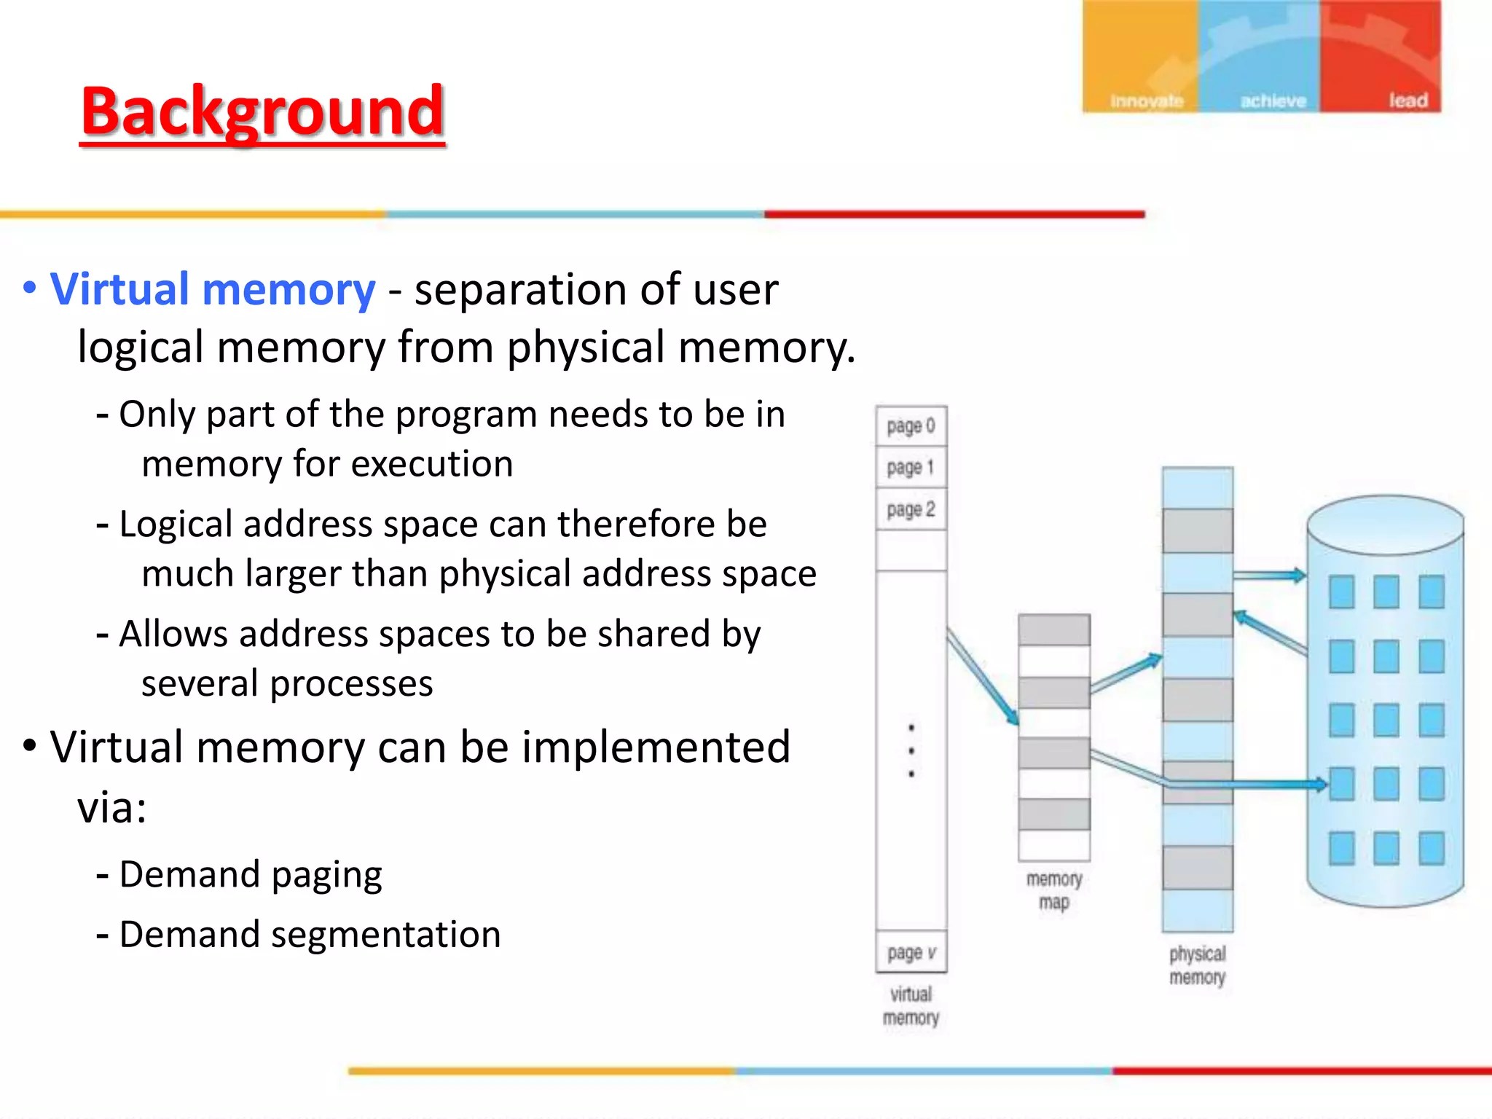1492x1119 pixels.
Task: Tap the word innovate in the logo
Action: pos(1147,101)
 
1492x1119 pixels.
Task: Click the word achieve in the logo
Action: pos(1273,101)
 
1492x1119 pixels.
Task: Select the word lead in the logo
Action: pos(1407,101)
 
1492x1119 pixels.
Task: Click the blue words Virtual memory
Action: pos(213,289)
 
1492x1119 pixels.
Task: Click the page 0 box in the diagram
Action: pos(911,426)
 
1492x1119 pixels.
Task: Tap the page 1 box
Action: pos(911,468)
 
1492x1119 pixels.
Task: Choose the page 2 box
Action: pos(911,510)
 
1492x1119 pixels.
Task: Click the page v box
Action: pos(911,952)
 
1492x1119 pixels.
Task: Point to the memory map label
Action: pos(1053,890)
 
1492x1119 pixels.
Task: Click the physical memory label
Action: pos(1197,965)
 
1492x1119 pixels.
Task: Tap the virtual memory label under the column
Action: pos(911,1006)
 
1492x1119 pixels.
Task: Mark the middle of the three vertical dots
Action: pos(911,750)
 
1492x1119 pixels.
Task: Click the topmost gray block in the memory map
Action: pos(1053,630)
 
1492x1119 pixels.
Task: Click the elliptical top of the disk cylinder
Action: pos(1385,525)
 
